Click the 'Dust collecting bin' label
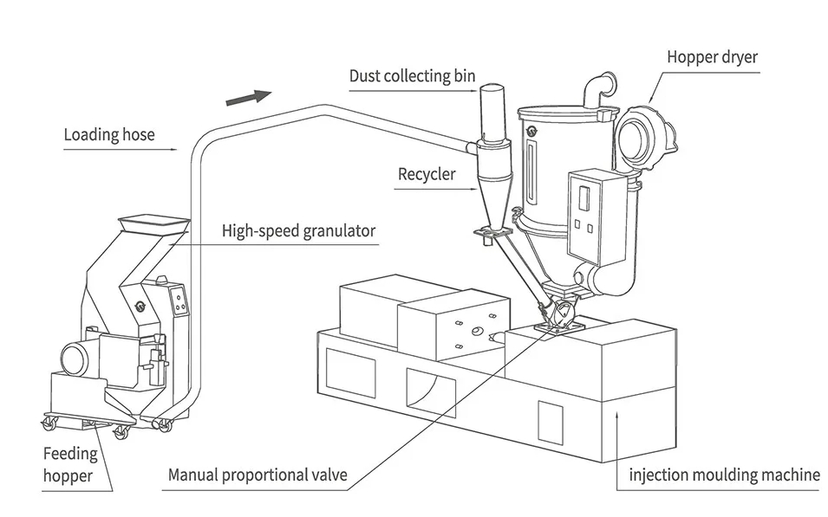pos(412,76)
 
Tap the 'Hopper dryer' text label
pos(713,57)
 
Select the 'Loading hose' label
pos(109,134)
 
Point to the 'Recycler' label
pos(427,174)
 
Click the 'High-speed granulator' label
pos(298,231)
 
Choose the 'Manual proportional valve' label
pos(258,475)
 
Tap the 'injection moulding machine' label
pos(724,475)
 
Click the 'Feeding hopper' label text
pos(69,465)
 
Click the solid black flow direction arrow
pos(249,98)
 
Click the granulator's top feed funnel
pos(153,223)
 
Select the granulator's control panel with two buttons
pos(180,301)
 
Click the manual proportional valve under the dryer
pos(561,314)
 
